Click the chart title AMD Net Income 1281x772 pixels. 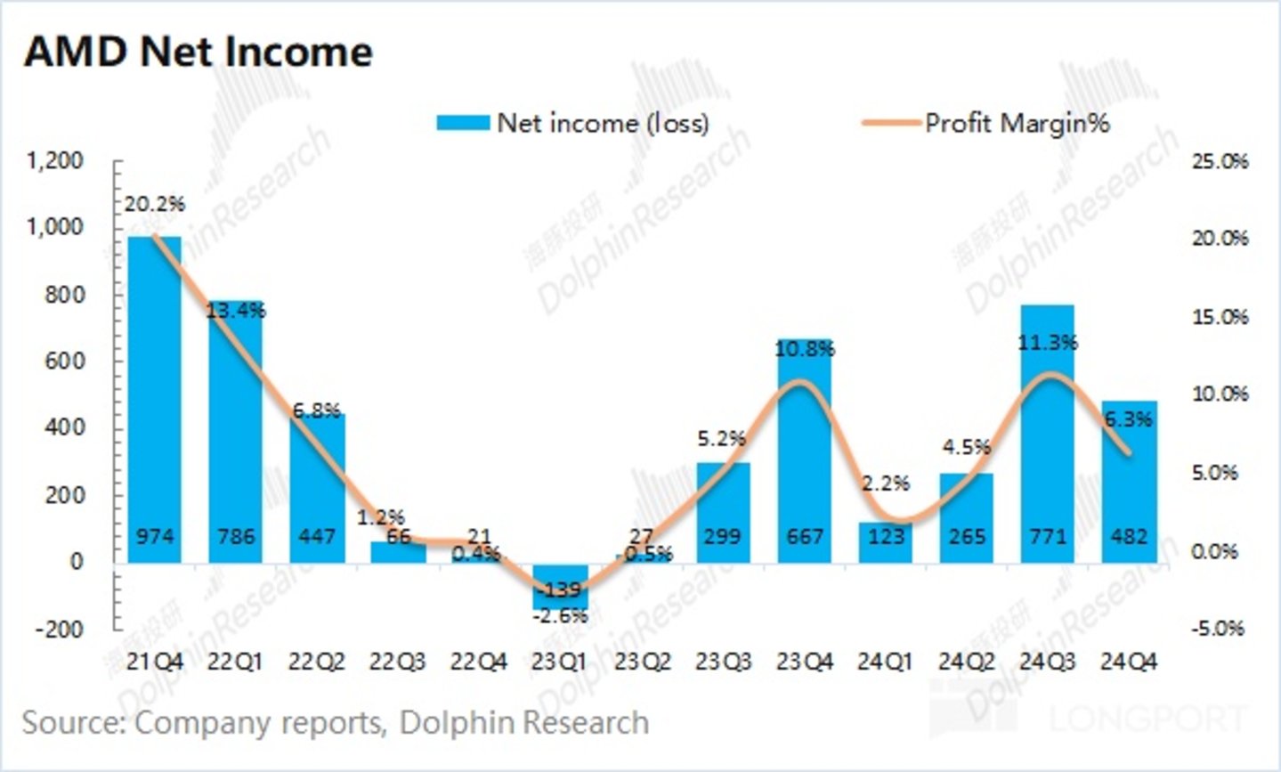coord(198,52)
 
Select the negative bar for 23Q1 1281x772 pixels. coord(560,585)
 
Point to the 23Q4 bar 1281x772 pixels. coord(805,454)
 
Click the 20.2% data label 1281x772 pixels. coord(155,204)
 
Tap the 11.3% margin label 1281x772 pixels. coord(1048,342)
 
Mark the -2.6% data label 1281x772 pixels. coord(560,615)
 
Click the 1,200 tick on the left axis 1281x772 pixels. coord(55,161)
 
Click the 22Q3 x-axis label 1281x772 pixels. coord(398,662)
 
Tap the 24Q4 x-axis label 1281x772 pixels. coord(1129,662)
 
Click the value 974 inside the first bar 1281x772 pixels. coord(155,536)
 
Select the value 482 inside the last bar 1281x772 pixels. coord(1130,536)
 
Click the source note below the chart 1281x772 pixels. coord(336,722)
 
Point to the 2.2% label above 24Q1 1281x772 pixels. coord(886,484)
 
